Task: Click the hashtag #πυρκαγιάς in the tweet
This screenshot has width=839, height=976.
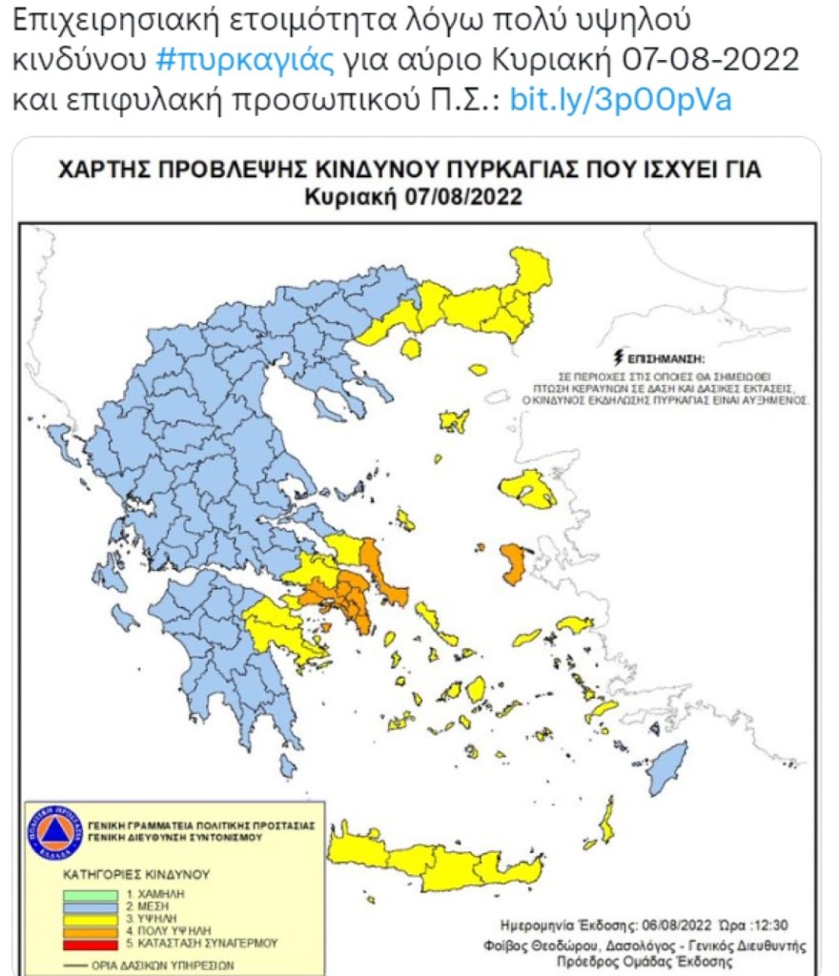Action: click(245, 59)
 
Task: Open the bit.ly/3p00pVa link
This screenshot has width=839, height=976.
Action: click(621, 99)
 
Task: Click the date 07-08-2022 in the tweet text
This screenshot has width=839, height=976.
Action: click(711, 59)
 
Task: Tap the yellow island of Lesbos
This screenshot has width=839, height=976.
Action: click(527, 488)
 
